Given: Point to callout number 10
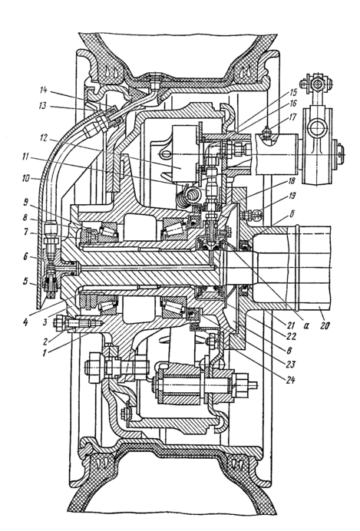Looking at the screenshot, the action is pyautogui.click(x=34, y=178).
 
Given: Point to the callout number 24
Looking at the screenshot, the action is pyautogui.click(x=289, y=380).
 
